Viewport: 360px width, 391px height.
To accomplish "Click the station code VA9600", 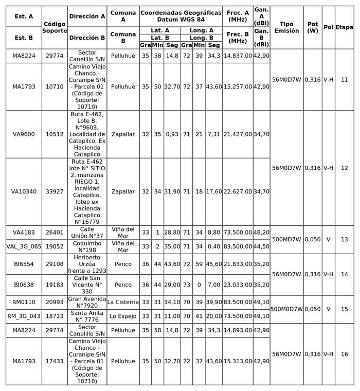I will point(24,134).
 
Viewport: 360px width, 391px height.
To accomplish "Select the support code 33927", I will point(55,192).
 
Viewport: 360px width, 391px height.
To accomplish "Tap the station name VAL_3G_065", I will point(24,246).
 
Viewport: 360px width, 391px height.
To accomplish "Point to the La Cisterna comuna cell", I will point(123,302).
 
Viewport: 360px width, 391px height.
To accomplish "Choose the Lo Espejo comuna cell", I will point(123,316).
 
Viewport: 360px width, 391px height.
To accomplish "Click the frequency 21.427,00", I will point(238,134).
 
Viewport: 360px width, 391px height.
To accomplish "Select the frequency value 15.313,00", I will point(238,361).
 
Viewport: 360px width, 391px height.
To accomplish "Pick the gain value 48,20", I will point(261,233).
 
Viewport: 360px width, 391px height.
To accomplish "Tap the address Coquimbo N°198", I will point(87,246).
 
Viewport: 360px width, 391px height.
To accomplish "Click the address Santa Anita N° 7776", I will point(87,316).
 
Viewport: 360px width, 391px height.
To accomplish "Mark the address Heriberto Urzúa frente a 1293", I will point(87,264).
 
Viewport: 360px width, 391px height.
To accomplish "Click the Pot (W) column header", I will point(313,28).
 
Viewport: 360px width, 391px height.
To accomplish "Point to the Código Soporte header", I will point(55,28).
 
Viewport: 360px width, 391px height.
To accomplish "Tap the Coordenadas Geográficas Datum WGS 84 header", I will point(181,16).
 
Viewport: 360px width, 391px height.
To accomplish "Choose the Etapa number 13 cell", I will point(344,240).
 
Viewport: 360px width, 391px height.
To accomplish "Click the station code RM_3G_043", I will point(24,316).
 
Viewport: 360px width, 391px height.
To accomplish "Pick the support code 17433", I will point(55,361).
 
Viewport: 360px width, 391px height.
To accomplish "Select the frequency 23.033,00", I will point(238,285).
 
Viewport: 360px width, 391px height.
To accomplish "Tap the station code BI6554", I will point(24,264).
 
